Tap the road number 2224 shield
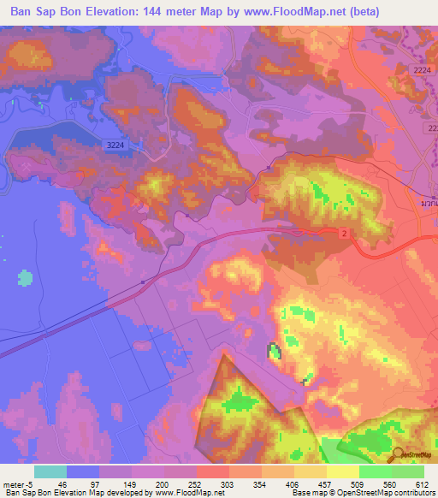(422, 69)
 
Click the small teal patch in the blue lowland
(25, 278)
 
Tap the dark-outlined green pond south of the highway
(274, 352)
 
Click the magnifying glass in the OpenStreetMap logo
(398, 455)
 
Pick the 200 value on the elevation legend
(165, 484)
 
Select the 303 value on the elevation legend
(229, 484)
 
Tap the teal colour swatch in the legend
(50, 471)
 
